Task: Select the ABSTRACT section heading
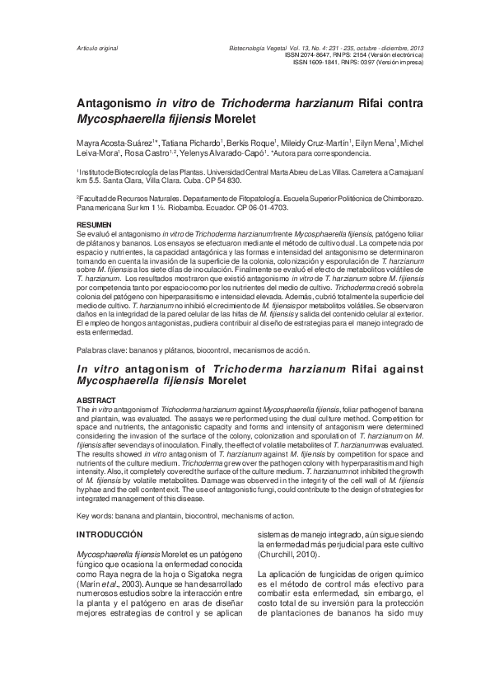coord(93,400)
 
